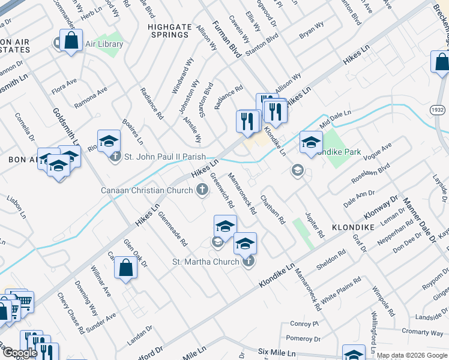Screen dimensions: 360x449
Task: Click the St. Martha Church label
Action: click(x=206, y=262)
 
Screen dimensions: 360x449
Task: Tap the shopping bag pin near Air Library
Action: click(x=71, y=41)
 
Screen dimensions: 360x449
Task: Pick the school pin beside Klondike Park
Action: click(x=310, y=142)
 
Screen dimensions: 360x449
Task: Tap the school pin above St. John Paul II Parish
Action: click(x=109, y=141)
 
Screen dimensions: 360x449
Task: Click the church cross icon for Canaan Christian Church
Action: click(x=203, y=190)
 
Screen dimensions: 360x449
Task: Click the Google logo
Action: click(x=20, y=353)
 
